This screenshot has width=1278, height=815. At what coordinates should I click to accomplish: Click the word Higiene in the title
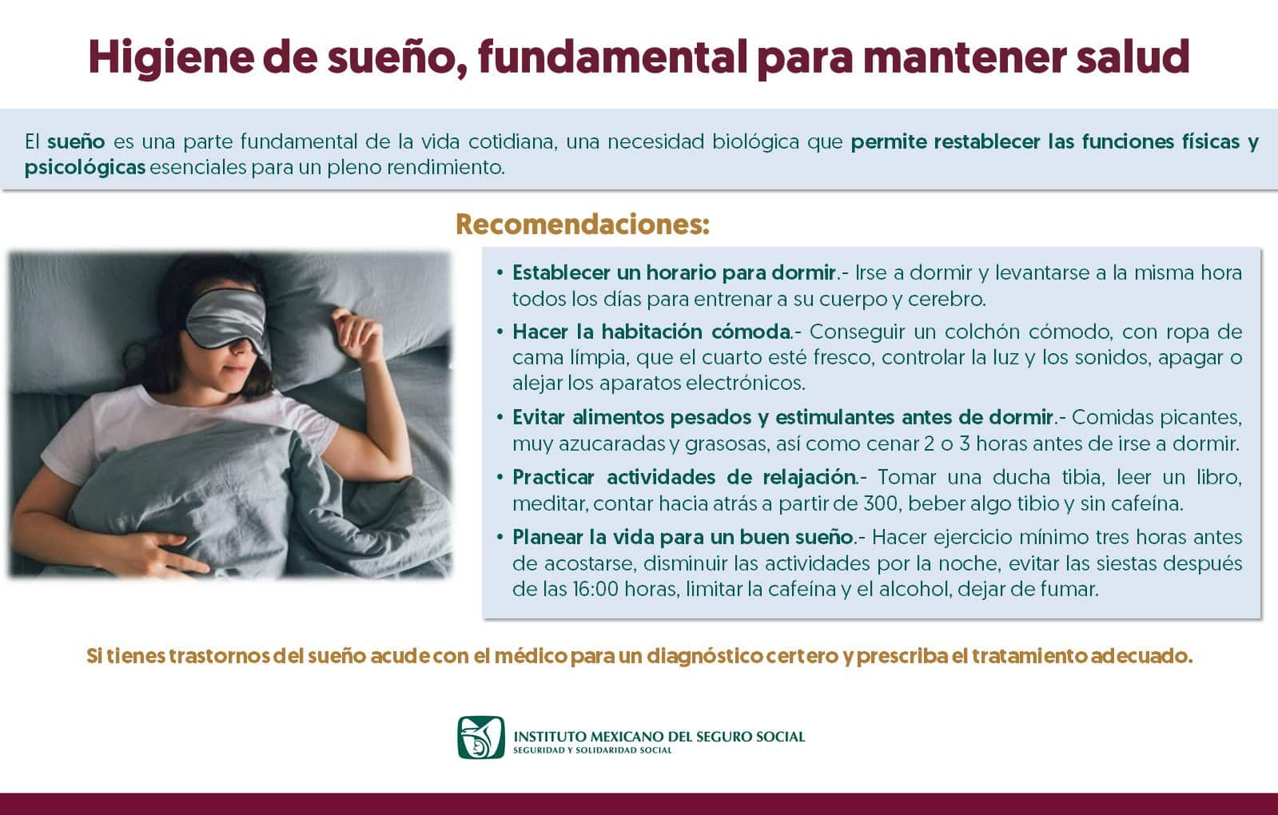[171, 58]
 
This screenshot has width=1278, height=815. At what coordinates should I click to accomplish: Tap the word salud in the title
[1133, 57]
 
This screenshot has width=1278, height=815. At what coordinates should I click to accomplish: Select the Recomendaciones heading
[583, 225]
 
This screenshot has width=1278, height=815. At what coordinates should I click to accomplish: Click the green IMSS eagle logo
[481, 737]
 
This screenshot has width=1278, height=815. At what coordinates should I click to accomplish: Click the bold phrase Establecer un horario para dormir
[675, 273]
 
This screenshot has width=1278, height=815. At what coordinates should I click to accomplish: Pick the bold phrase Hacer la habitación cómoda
[651, 332]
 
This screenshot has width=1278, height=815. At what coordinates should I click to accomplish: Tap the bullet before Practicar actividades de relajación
[500, 476]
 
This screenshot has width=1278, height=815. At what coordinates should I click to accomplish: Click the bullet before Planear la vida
[500, 536]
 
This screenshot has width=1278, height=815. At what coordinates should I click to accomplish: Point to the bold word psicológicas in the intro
[85, 168]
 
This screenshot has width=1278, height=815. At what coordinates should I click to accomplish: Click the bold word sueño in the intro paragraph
[76, 141]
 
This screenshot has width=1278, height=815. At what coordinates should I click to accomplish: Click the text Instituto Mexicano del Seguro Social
[659, 736]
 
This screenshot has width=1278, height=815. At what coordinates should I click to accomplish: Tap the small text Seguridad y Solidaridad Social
[592, 750]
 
